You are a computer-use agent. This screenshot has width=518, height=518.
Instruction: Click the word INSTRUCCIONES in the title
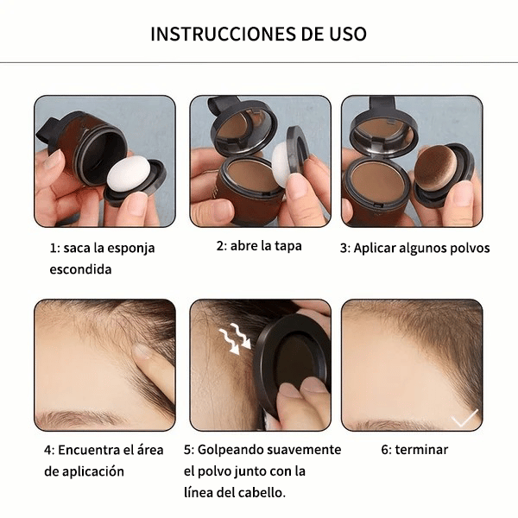tap(224, 34)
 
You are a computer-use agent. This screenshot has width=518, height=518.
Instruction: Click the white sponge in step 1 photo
tap(128, 174)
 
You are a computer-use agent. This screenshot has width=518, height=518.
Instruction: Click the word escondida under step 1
tap(80, 269)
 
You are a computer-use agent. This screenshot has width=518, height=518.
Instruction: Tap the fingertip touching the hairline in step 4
tap(143, 352)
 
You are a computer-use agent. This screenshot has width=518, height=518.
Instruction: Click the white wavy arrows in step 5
tap(236, 338)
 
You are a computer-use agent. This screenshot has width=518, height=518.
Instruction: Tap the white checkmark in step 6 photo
tap(464, 418)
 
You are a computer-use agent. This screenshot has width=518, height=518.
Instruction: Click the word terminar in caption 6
tap(421, 450)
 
